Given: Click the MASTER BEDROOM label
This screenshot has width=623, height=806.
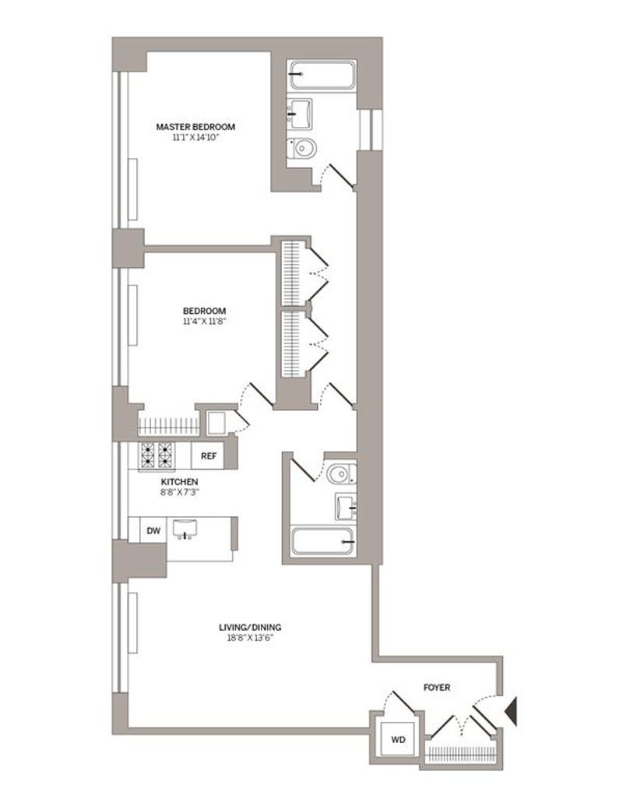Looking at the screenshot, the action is tap(195, 126).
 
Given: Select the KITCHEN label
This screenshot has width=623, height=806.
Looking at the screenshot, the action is tap(179, 481).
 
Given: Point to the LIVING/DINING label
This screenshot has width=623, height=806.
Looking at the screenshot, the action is tap(250, 627).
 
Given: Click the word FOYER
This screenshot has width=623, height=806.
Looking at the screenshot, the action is tap(436, 687).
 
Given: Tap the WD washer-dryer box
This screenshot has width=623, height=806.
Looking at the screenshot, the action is tap(398, 740).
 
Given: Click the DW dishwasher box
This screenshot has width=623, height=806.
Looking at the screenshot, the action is tap(153, 530).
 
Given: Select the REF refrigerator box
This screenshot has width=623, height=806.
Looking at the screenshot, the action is tap(208, 456).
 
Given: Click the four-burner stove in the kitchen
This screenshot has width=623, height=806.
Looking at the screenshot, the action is tap(157, 456).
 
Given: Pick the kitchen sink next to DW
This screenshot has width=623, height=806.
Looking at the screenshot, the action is tap(185, 530).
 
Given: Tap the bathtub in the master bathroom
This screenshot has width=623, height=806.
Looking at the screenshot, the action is tap(322, 76).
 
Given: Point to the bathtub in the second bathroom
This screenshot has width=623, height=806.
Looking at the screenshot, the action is tap(323, 541).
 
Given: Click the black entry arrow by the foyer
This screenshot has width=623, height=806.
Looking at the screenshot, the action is tap(512, 711).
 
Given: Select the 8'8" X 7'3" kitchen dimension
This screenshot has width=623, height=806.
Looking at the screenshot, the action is tap(180, 492).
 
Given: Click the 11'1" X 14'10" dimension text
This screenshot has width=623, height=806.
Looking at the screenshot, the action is tap(195, 137).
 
